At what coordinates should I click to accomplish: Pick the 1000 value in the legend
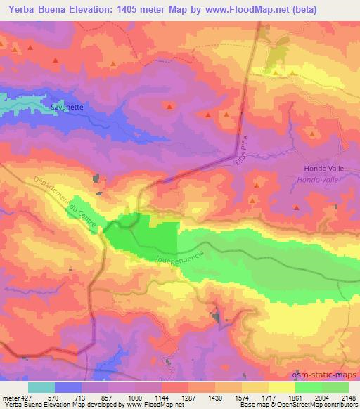(136, 398)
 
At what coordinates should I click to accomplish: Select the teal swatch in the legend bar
(41, 387)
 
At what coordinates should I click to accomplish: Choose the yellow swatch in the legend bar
(282, 387)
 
